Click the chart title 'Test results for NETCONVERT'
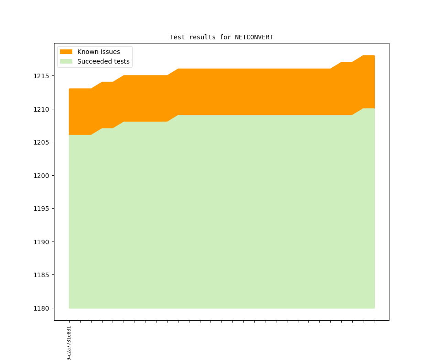tap(221, 37)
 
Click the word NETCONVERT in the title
tap(254, 37)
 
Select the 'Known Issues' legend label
tap(98, 52)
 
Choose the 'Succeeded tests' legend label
tap(103, 61)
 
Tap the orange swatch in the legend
tap(66, 52)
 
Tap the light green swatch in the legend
tap(66, 61)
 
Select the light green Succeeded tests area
tap(220, 210)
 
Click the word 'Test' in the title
tap(177, 37)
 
